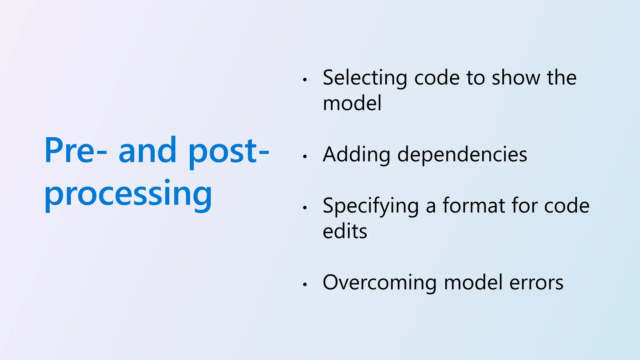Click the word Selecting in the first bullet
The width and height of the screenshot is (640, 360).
[x=365, y=78]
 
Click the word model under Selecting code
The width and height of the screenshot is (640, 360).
[x=352, y=103]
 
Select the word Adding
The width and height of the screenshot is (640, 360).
[x=356, y=155]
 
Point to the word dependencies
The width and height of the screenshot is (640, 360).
[x=462, y=155]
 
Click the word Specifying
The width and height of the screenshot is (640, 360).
[x=371, y=206]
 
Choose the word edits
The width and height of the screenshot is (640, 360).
[x=345, y=232]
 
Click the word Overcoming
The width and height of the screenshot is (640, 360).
[x=379, y=283]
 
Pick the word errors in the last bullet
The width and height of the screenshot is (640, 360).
[x=536, y=283]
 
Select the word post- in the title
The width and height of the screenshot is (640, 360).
[x=228, y=152]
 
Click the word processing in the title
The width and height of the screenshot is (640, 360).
[x=128, y=194]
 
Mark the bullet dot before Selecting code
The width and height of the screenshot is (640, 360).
[x=305, y=80]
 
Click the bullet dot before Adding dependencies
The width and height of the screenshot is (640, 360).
[x=305, y=157]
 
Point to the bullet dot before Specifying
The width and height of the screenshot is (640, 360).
[x=305, y=208]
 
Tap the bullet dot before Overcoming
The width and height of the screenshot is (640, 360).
[x=305, y=285]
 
